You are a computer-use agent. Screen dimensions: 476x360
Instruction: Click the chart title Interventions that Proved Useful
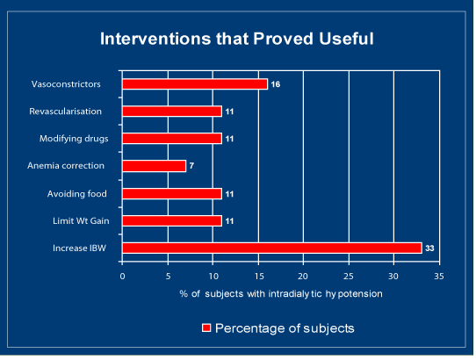(x=237, y=39)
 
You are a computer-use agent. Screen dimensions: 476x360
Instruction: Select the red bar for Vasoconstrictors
(x=195, y=84)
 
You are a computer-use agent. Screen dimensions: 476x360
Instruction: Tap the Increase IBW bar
(x=272, y=248)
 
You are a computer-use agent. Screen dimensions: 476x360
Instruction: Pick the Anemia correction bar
(x=154, y=166)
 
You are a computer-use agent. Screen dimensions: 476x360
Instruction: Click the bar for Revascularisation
(x=172, y=112)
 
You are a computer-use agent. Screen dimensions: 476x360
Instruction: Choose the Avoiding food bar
(x=172, y=194)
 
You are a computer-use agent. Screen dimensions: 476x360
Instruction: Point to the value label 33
(x=429, y=248)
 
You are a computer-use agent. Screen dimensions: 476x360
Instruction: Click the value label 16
(x=276, y=84)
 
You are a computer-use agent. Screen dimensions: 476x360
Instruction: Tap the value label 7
(x=191, y=166)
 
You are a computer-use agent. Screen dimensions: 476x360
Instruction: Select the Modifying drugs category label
(x=74, y=139)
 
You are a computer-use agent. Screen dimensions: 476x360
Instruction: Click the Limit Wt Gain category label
(x=81, y=220)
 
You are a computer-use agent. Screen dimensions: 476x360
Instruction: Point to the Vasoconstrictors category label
(x=66, y=84)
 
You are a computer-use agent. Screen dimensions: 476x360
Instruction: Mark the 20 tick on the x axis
(x=303, y=277)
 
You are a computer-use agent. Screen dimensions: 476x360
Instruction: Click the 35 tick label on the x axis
(x=439, y=277)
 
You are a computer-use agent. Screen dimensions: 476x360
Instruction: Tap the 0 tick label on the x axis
(x=122, y=277)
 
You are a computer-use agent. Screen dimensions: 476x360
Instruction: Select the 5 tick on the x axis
(x=168, y=277)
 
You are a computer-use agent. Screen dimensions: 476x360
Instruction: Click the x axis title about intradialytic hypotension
(x=281, y=294)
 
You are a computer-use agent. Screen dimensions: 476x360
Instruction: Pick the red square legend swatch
(x=206, y=328)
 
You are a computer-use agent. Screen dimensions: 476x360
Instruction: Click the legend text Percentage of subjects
(x=285, y=328)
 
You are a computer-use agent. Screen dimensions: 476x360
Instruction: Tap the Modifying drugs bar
(x=172, y=139)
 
